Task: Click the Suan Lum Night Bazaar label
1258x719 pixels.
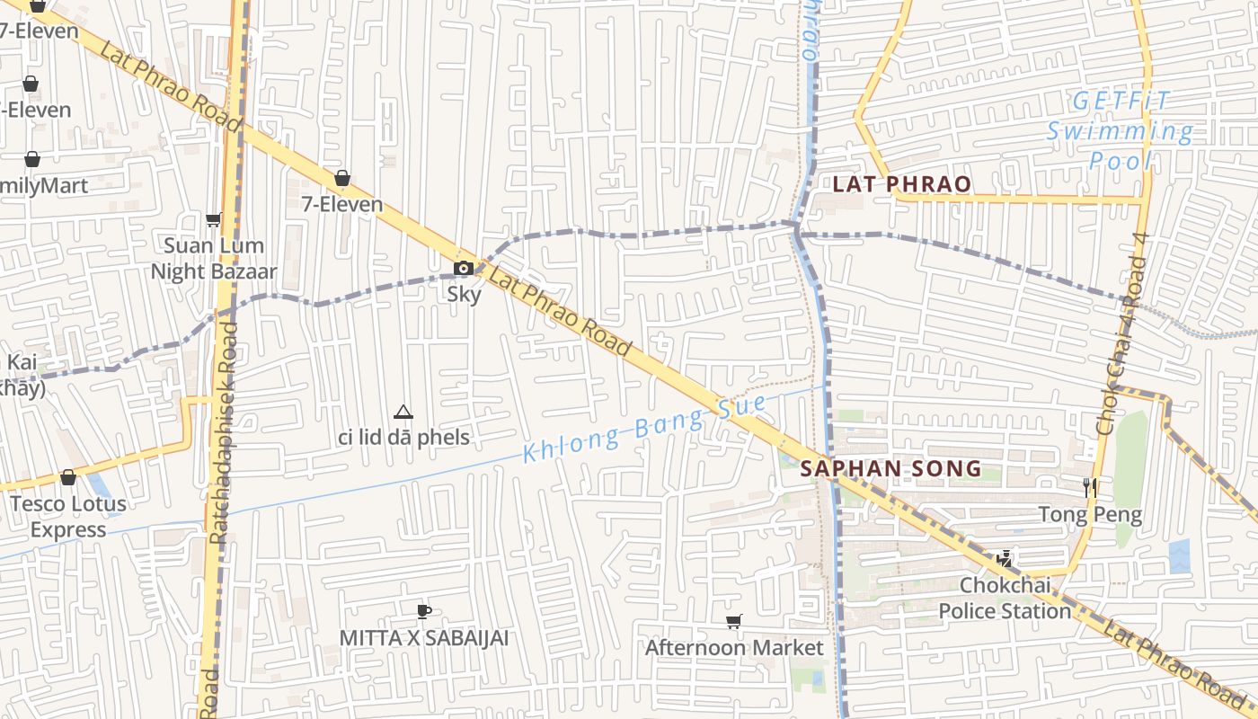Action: click(214, 258)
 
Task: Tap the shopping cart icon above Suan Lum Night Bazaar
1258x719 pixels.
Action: click(214, 219)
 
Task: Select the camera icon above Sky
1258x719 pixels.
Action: click(464, 268)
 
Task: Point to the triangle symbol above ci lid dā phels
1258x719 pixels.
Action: click(403, 413)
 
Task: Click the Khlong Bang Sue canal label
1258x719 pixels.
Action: click(644, 429)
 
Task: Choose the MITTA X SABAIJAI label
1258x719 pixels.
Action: click(424, 638)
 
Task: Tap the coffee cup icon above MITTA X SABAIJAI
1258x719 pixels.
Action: click(424, 612)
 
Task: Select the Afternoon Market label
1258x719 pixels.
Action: click(734, 647)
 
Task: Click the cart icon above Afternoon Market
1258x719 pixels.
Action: click(734, 621)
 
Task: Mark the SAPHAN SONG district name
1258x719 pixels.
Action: click(890, 468)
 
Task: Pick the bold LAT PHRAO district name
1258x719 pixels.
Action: click(901, 184)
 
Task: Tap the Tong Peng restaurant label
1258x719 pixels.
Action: click(1090, 515)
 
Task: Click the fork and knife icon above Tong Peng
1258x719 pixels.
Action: click(1090, 488)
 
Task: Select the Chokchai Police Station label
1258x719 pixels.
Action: click(1005, 598)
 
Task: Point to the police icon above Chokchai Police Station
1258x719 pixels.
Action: click(1005, 559)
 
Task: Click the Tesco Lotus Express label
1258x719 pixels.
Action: click(68, 517)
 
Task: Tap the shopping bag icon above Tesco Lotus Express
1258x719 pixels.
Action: click(68, 477)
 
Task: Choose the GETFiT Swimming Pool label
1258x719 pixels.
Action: click(1121, 131)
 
